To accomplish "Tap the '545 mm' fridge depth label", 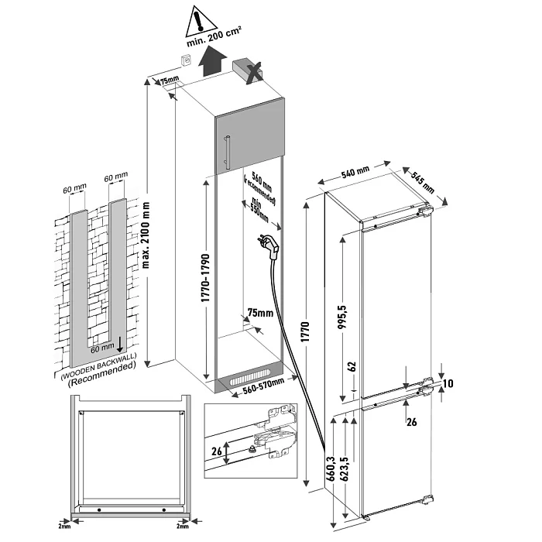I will [425, 180].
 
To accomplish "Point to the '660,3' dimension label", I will [331, 470].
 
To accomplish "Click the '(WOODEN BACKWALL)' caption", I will [97, 373].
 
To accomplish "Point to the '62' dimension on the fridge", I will [351, 367].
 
